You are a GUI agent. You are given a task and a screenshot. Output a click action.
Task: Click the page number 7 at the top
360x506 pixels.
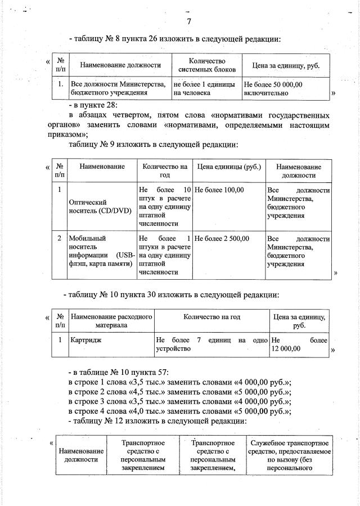[x=189, y=22]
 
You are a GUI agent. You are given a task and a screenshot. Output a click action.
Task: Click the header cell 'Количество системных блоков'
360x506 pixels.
[x=207, y=65]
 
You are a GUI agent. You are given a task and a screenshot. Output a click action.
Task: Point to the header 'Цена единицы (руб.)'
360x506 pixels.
[x=228, y=167]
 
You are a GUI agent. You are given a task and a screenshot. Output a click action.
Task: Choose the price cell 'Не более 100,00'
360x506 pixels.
[x=220, y=190]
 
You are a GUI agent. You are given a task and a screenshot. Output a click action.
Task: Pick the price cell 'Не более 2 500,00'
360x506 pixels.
[x=222, y=239]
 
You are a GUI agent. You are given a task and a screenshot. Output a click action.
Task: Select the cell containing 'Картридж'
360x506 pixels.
[x=85, y=341]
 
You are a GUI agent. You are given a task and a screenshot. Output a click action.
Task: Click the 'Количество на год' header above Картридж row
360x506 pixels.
[x=211, y=317]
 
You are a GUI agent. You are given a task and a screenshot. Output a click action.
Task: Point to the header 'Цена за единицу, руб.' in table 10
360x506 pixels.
[x=299, y=321]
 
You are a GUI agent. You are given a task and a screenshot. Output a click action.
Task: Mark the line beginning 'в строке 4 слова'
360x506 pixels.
[x=179, y=411]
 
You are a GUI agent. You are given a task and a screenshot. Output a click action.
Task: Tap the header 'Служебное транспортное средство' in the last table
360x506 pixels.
[x=289, y=455]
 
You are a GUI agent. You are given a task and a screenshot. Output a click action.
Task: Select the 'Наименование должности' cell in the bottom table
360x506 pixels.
[x=81, y=455]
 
